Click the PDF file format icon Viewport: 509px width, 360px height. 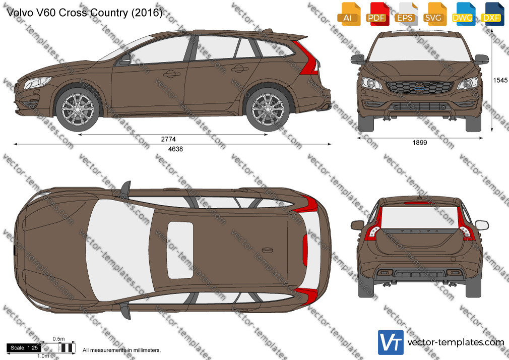tap(377, 14)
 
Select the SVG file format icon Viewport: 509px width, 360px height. tap(434, 14)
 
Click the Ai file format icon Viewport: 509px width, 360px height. tap(349, 14)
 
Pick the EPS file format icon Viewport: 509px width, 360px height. tap(406, 14)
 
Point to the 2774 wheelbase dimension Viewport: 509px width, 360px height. tap(168, 139)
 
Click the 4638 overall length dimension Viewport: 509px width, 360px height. tap(175, 149)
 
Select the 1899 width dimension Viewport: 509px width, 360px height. tap(420, 142)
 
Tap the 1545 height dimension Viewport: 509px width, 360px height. tap(500, 80)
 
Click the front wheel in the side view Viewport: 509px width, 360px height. tap(78, 109)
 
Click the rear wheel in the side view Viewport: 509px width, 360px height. tap(268, 109)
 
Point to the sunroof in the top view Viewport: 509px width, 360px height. tap(180, 250)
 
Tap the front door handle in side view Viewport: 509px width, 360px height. tap(171, 74)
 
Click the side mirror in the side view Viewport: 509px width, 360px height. tap(125, 59)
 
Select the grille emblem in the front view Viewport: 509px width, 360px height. tap(420, 87)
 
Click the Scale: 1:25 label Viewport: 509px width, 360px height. tap(24, 348)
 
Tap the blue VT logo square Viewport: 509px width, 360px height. tap(391, 342)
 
